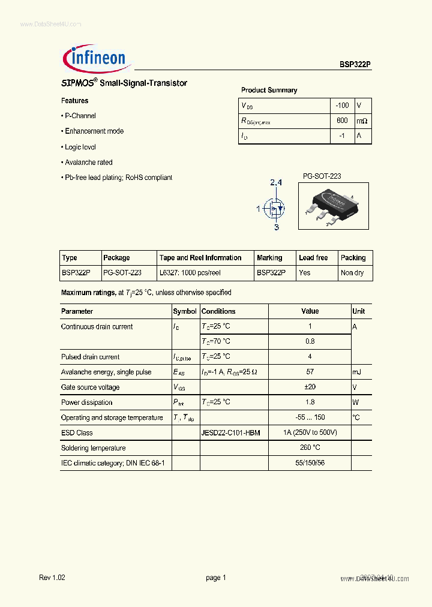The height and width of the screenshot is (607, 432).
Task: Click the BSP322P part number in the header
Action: coord(355,65)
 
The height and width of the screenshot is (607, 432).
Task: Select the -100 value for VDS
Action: coord(342,106)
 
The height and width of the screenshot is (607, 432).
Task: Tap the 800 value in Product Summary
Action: coord(342,121)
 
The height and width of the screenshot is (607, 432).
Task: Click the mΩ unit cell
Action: coord(362,121)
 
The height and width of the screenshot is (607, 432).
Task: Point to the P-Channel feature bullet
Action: coord(79,116)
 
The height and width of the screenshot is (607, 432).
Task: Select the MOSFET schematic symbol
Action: coord(275,209)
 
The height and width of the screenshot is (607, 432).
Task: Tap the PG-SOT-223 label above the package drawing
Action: coord(322,176)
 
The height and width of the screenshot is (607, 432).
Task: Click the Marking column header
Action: coord(269,258)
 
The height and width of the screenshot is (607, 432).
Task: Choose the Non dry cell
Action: coord(352,273)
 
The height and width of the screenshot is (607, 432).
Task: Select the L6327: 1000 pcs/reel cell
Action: coord(190,273)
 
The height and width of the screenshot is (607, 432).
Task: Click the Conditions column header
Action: coord(218,311)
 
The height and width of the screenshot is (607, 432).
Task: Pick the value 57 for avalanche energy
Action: coord(310,372)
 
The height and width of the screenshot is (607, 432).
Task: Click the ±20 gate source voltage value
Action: coord(310,387)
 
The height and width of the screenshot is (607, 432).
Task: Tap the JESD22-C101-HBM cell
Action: coord(231,433)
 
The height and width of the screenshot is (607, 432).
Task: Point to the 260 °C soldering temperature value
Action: coord(310,448)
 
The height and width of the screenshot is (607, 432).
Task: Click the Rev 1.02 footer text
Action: coord(52,578)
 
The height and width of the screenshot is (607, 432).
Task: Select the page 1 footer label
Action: coord(215,578)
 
